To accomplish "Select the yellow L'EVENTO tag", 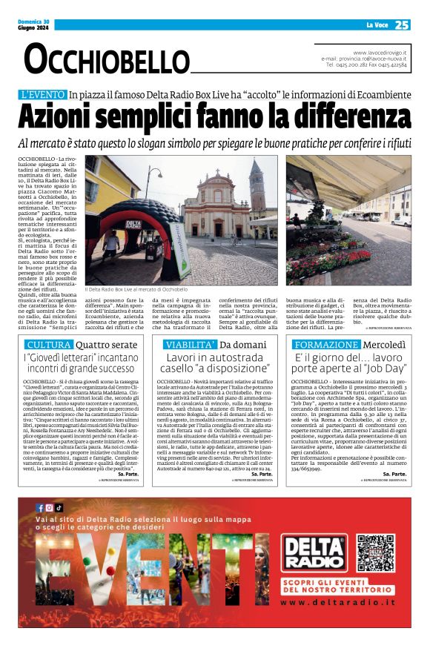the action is click(43, 95).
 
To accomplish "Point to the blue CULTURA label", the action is click(50, 345).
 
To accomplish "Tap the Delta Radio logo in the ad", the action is click(314, 552).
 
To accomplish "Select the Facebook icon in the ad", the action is click(40, 508).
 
